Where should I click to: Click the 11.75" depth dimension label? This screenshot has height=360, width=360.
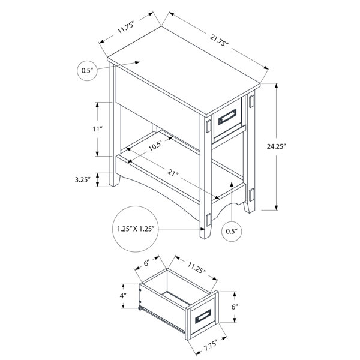click(126, 28)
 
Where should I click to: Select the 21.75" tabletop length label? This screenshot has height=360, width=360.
click(219, 40)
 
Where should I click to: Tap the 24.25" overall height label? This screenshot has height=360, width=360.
click(276, 146)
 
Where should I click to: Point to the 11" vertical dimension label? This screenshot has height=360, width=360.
click(97, 129)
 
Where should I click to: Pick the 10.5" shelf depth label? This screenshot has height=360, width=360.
click(155, 146)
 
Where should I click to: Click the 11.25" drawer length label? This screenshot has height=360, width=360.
click(196, 268)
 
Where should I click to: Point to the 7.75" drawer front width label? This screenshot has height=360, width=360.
click(211, 346)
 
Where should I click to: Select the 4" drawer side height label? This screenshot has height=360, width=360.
click(123, 296)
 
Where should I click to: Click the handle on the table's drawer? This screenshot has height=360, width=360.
click(227, 116)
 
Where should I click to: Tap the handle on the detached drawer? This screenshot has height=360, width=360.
click(203, 316)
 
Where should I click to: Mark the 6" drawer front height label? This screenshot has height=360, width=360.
click(235, 307)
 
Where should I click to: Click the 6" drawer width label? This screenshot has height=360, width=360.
click(147, 263)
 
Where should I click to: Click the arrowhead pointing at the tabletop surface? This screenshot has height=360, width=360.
click(137, 62)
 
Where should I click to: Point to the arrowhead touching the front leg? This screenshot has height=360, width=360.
click(203, 229)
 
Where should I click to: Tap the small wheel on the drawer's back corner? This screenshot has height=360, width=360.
click(140, 308)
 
